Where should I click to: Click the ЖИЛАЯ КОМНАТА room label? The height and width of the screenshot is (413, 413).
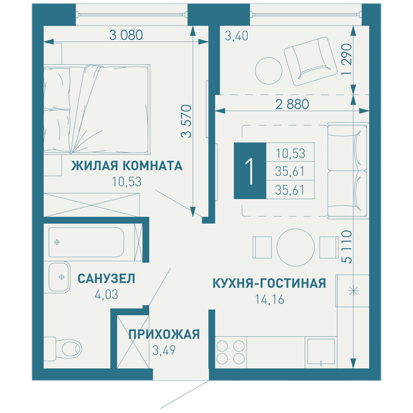[x=127, y=166]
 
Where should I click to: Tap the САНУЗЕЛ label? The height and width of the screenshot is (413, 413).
[x=107, y=279]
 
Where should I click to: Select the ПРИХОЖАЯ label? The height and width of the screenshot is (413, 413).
[x=164, y=335]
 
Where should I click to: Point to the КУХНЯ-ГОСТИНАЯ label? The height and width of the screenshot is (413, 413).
[x=269, y=284]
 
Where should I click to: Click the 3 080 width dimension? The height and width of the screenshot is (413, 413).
[x=126, y=35]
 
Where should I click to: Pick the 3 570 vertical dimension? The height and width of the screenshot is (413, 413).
[x=187, y=121]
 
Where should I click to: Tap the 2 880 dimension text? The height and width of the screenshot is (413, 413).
[x=292, y=105]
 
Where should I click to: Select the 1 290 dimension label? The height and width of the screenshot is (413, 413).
[x=347, y=59]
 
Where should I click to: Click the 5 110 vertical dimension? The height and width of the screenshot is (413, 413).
[x=347, y=247]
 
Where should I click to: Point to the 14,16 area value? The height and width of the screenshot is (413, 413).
[x=269, y=299]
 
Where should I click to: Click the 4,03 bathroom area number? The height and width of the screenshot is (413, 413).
[x=107, y=295]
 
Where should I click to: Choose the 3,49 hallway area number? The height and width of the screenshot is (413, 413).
[x=164, y=350]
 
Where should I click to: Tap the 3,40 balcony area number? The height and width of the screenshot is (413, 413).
[x=236, y=36]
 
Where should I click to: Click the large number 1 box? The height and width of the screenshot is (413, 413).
[x=250, y=171]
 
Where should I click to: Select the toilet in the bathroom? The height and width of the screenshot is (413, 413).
[x=63, y=349]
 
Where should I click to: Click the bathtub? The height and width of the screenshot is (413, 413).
[x=87, y=242]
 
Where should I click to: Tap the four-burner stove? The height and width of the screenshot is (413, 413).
[x=231, y=352]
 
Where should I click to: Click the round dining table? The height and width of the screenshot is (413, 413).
[x=295, y=247]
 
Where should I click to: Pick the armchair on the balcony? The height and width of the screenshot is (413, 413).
[x=310, y=61]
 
